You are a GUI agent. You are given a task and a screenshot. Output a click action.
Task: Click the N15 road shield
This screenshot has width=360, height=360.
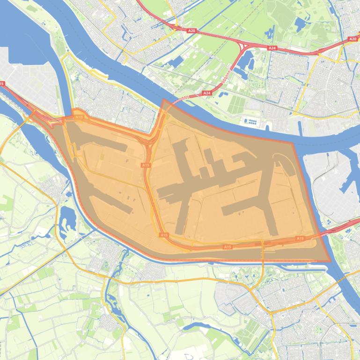point(80,117)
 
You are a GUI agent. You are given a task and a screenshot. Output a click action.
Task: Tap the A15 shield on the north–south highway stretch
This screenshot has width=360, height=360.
point(146,165)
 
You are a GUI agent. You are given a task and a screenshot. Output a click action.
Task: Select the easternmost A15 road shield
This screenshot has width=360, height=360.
point(300,239)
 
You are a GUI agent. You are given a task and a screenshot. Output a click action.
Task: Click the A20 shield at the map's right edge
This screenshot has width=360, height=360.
point(353,39)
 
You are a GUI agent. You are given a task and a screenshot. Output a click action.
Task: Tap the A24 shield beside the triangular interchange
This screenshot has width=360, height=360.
point(272,48)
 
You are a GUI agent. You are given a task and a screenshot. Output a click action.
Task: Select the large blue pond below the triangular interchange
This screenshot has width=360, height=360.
point(245,64)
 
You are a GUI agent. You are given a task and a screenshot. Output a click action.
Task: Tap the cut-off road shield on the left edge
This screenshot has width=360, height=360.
point(2,84)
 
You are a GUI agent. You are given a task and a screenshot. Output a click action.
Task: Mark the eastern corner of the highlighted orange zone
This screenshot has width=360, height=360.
point(330,261)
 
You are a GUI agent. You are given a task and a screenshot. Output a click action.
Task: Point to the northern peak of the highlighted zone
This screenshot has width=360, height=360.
point(163,100)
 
